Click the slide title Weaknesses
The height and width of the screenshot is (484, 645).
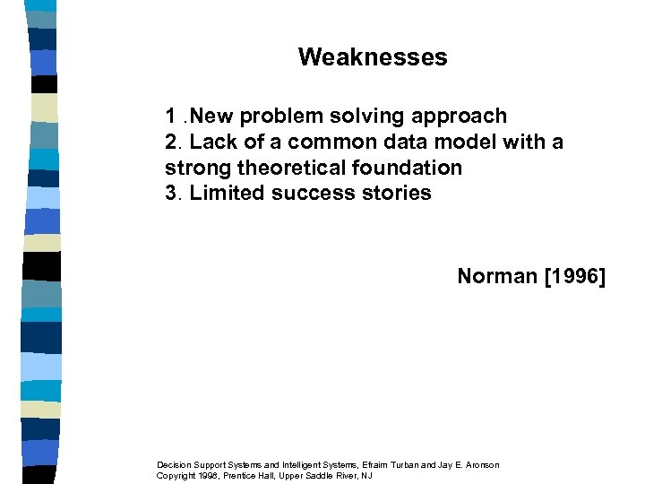click(x=373, y=57)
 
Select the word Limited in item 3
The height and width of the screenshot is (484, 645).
click(x=225, y=193)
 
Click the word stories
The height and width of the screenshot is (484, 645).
click(x=398, y=193)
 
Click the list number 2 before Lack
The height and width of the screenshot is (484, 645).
click(x=171, y=143)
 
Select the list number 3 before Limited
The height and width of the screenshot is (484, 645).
click(x=171, y=193)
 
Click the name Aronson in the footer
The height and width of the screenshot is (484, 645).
click(x=480, y=464)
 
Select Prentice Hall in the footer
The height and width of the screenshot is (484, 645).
click(x=259, y=475)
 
